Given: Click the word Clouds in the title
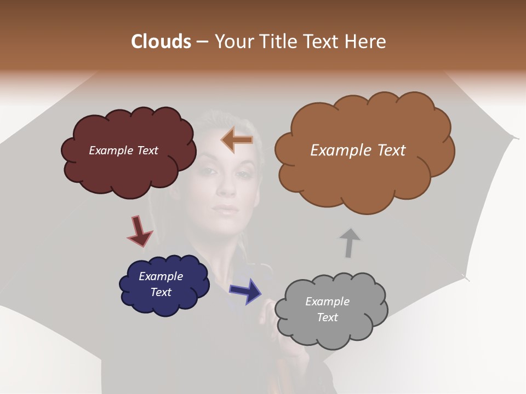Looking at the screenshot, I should point(161,42).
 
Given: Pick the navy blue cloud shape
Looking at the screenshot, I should point(164,304).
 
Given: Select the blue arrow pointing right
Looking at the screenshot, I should point(246,291).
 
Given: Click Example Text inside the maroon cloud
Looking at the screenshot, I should point(123,150).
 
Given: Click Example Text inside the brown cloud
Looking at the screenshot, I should point(358,150).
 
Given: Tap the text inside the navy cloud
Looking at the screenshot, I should point(161,284).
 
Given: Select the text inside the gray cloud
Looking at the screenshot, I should point(327,309).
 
